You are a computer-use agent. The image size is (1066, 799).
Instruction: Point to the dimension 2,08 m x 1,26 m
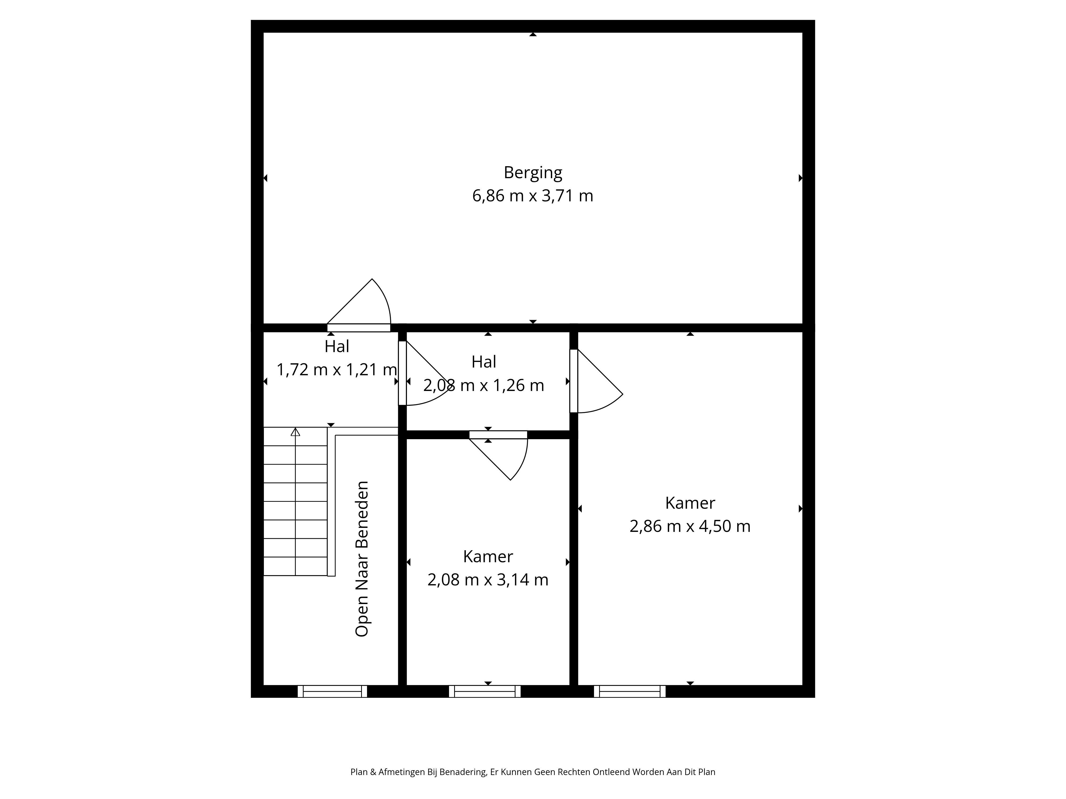coord(484,385)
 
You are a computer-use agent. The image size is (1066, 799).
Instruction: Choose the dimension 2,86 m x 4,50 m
coord(690,526)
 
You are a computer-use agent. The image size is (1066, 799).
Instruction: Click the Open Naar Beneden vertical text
coord(362,559)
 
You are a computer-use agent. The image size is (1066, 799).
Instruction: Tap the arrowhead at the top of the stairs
coord(295,432)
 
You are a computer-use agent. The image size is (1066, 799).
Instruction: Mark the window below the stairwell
coord(333,691)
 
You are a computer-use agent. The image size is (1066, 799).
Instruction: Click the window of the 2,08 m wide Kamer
coord(485,691)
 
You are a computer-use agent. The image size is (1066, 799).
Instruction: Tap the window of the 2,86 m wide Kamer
coord(630,691)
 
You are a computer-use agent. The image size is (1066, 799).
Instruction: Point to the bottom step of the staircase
coord(295,566)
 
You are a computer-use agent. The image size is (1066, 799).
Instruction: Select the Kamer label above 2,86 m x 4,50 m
coord(690,503)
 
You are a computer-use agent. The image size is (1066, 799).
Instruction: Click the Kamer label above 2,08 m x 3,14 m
coord(488,556)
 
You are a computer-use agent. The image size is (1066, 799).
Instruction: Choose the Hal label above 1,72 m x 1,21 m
coord(337,346)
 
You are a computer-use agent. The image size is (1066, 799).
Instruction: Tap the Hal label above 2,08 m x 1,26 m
coord(484,362)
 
